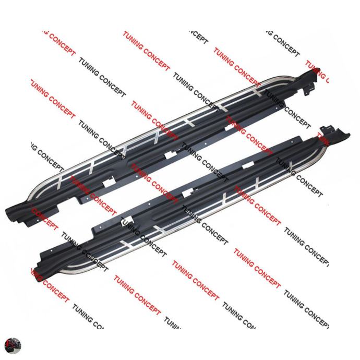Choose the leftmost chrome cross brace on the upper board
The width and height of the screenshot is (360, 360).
pyautogui.click(x=59, y=180)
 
